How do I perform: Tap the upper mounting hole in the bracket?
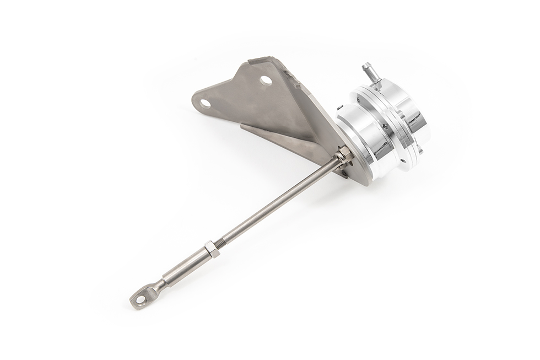266,80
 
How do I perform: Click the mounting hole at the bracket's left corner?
205,103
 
